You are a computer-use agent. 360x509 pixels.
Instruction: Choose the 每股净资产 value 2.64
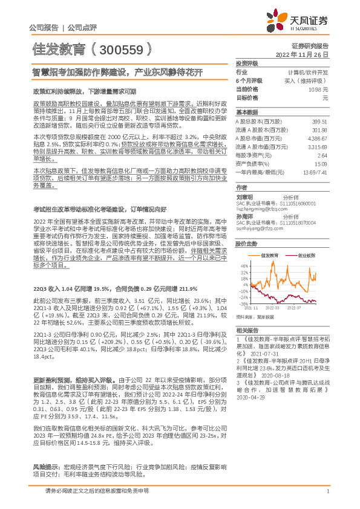coord(322,154)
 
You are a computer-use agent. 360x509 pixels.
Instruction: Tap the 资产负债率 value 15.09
coord(321,163)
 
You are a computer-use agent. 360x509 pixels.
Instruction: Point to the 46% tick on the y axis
coord(244,265)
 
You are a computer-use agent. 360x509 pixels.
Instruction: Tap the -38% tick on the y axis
coord(244,304)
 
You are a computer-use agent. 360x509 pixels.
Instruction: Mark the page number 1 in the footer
coord(327,491)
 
